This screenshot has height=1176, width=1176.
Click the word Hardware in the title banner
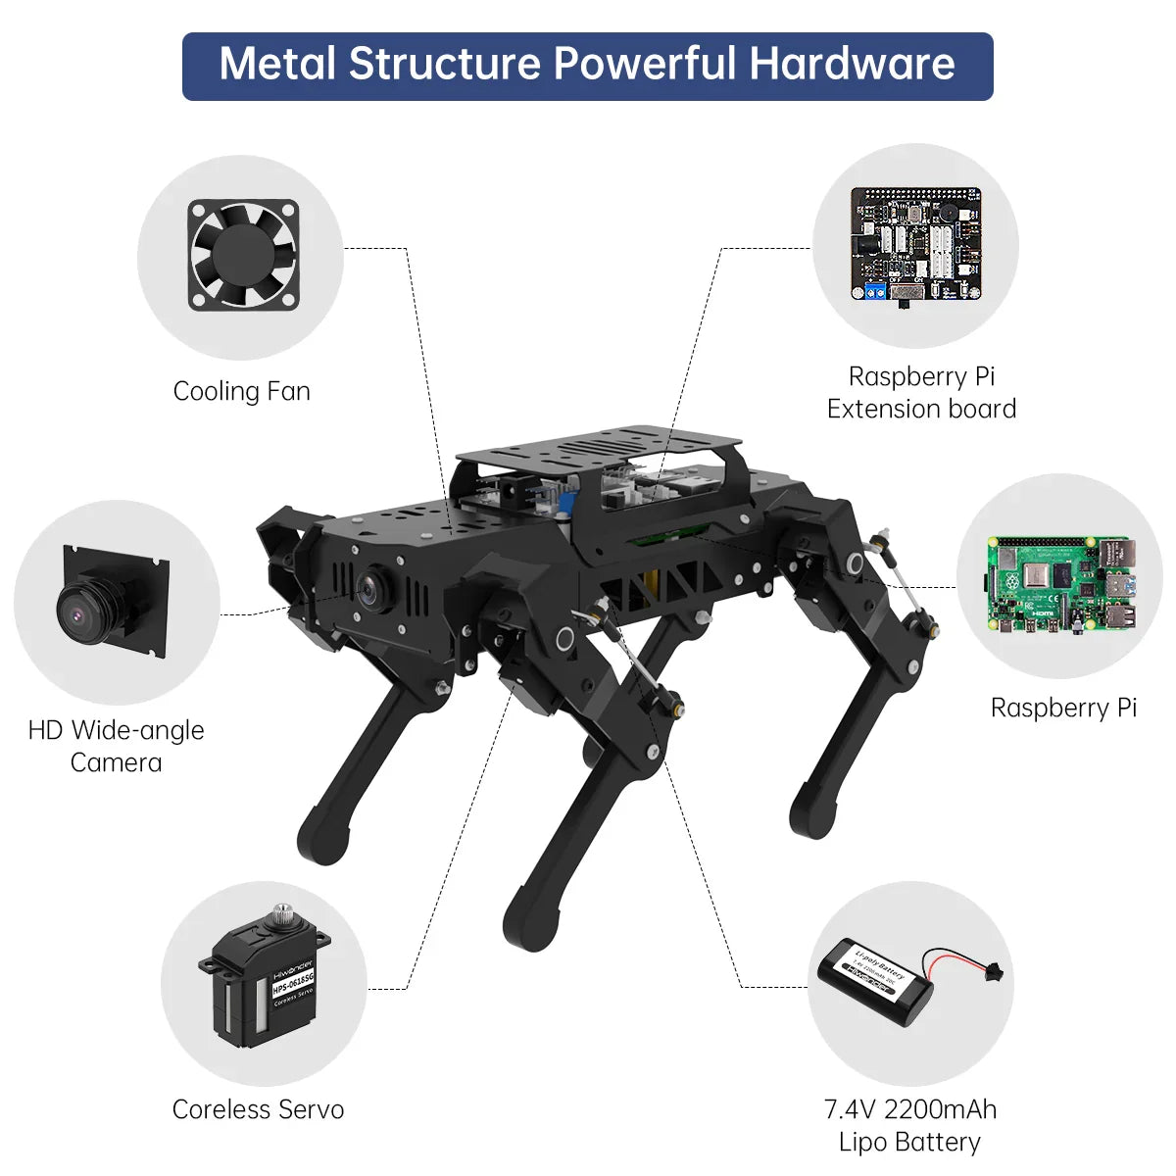tap(852, 65)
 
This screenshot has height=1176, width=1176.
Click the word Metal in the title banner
tap(278, 65)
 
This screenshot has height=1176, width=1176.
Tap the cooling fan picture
tap(243, 256)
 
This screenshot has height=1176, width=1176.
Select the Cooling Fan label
tap(241, 391)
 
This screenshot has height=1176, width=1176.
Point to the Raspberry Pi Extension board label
tap(921, 392)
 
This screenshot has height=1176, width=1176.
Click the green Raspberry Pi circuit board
tap(1062, 584)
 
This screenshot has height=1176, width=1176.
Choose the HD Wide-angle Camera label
tap(116, 746)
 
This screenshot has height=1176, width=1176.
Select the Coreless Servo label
tap(258, 1109)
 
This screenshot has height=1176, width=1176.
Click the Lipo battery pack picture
tap(875, 981)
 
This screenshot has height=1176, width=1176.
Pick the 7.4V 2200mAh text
tap(909, 1109)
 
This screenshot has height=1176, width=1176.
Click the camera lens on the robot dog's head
tap(369, 588)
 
